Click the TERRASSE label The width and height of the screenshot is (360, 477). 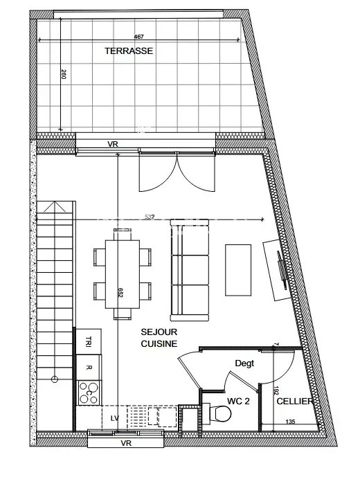129,51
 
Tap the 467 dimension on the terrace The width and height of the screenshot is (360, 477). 138,37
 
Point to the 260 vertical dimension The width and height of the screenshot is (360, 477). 64,74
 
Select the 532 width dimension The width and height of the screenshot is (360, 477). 150,217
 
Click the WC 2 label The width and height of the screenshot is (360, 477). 238,402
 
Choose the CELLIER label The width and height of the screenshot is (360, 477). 294,402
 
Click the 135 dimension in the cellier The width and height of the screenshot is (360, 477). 290,422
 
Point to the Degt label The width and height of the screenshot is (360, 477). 244,363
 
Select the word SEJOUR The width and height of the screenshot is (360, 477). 159,332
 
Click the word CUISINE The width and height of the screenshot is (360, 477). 159,344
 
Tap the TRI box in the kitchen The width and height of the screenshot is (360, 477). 89,341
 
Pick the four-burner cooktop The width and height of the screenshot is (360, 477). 89,393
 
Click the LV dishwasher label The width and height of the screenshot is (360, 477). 115,418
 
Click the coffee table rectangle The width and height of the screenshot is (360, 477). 238,270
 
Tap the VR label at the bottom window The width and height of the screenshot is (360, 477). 126,443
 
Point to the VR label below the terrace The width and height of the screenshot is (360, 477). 113,144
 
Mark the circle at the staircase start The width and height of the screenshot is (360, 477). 55,379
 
